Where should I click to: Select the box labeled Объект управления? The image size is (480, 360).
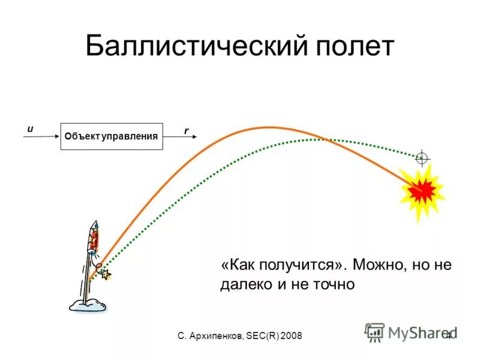click(112, 136)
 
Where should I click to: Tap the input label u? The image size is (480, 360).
click(30, 128)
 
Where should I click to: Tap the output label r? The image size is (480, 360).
click(186, 130)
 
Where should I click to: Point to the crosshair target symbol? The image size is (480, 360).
click(422, 158)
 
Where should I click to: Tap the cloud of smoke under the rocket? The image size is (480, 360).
click(88, 305)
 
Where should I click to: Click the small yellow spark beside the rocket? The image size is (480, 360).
click(107, 275)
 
